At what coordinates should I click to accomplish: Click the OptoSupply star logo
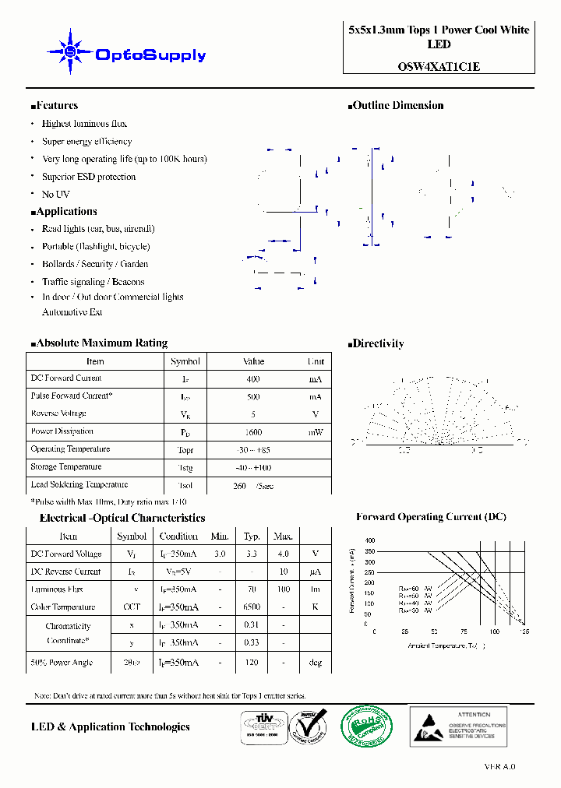pos(69,52)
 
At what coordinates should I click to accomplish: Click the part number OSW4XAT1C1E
pos(439,66)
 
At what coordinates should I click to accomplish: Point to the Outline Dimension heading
pos(395,106)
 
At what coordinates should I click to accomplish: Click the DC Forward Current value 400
pos(253,378)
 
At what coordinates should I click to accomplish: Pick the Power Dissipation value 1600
pos(253,432)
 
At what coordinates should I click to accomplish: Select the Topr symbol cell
pos(185,450)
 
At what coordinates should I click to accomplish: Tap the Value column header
pos(253,361)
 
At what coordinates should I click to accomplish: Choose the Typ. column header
pos(252,536)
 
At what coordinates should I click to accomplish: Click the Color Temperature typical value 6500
pos(252,607)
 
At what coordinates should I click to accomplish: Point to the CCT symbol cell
pos(132,607)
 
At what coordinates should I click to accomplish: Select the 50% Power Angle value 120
pos(252,663)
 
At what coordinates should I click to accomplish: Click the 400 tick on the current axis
pos(369,540)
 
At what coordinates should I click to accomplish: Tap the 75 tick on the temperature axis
pos(464,631)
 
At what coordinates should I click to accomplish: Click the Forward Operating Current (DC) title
pos(431,517)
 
